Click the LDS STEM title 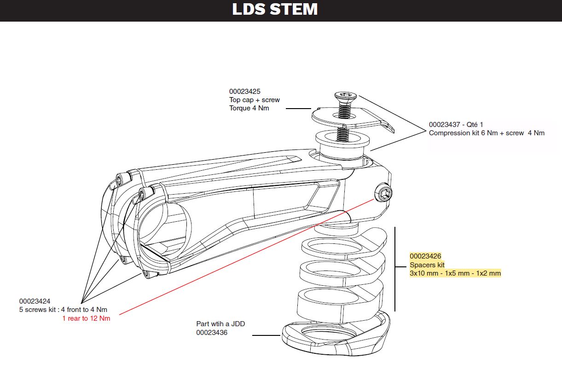click(275, 10)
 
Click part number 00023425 click(244, 92)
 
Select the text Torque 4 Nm click(249, 108)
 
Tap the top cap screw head click(345, 96)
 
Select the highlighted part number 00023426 click(425, 256)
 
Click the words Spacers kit click(427, 265)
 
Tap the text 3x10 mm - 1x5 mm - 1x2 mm click(455, 273)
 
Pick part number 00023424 click(35, 301)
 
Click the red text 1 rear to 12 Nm click(86, 318)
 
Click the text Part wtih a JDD click(220, 323)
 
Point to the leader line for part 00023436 click(267, 335)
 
